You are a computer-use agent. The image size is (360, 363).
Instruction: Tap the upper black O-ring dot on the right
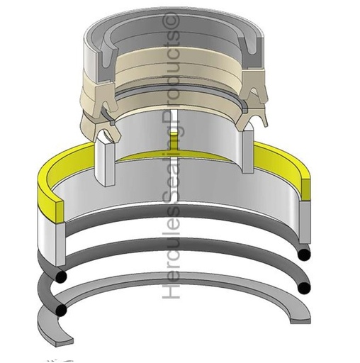tap(305, 253)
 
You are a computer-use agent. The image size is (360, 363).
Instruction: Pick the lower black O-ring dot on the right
tap(305, 287)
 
